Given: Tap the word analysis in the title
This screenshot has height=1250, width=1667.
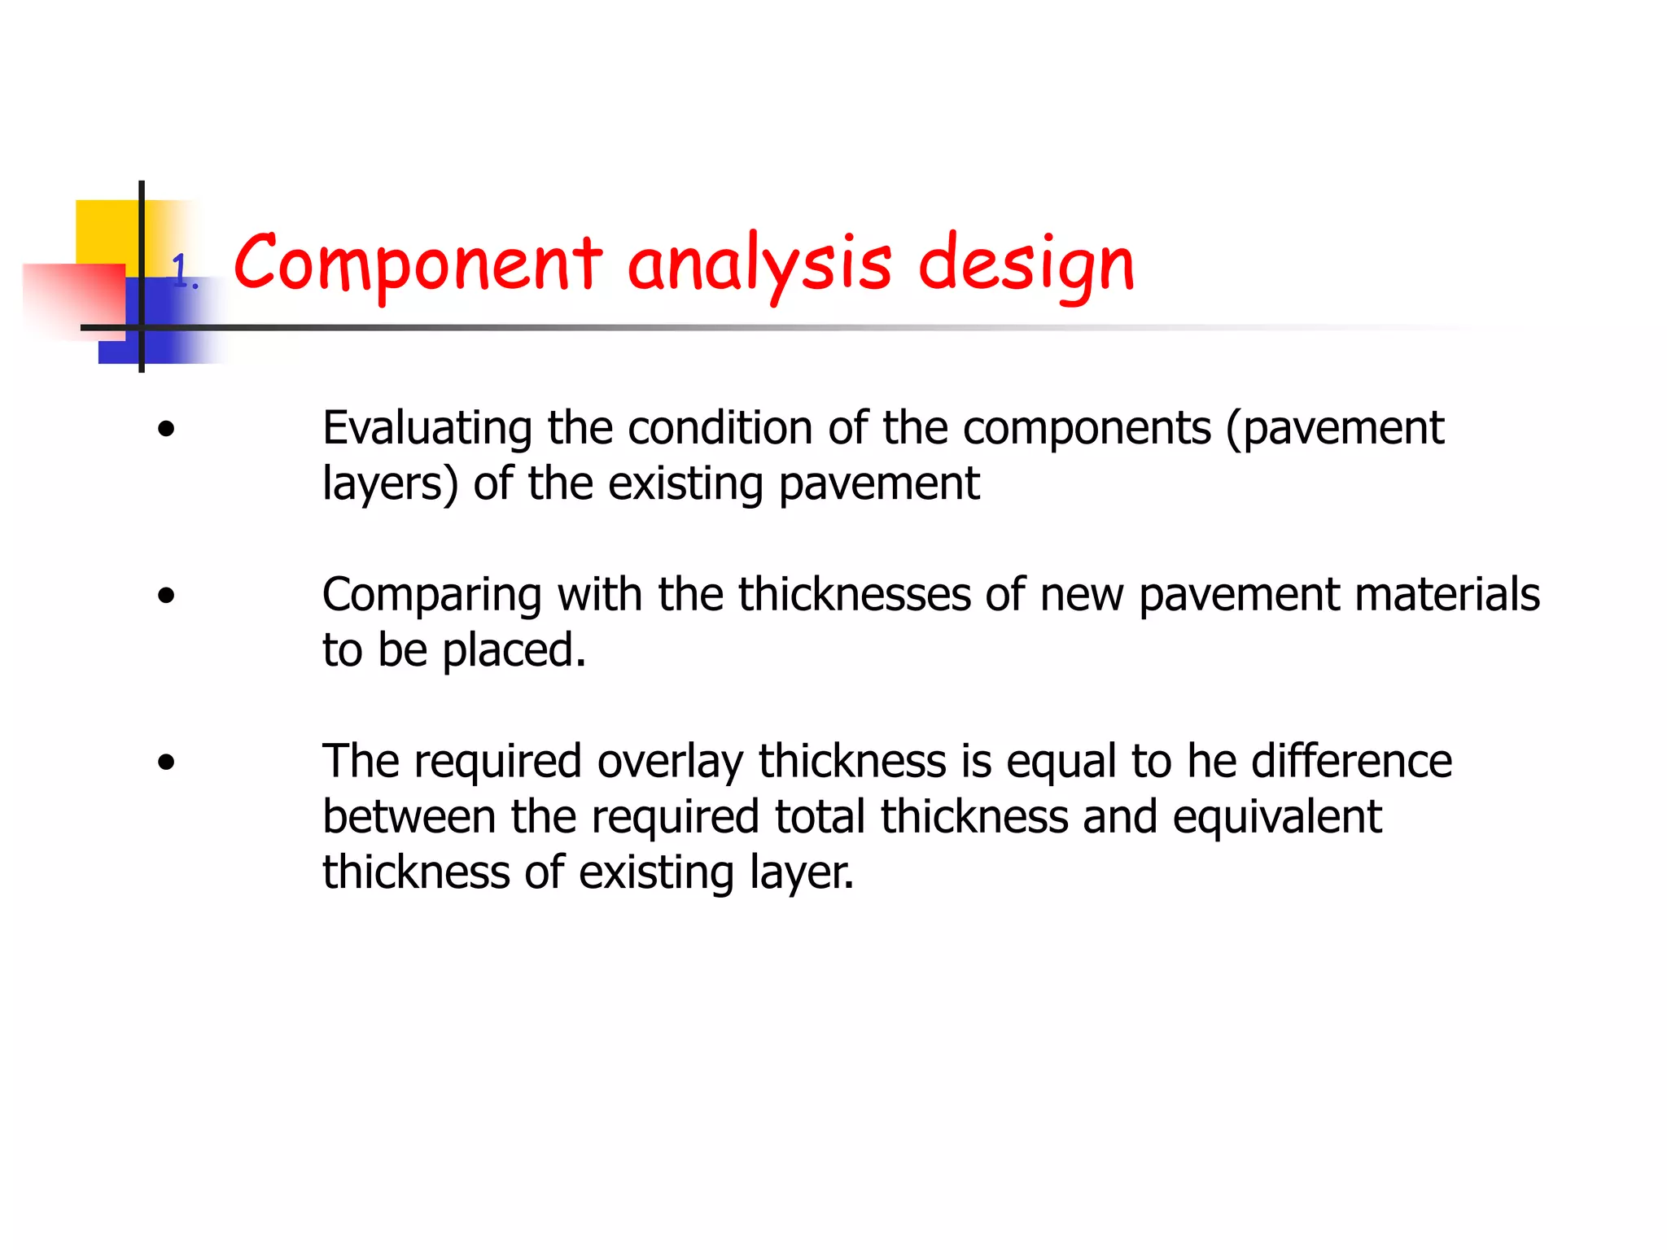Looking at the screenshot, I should (x=759, y=264).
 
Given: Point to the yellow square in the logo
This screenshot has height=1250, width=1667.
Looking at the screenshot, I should (x=106, y=231).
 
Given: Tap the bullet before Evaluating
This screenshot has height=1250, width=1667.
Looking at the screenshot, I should (x=167, y=429).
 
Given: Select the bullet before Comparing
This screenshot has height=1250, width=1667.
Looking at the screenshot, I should (x=167, y=596).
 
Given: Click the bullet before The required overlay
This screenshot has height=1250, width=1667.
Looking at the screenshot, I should (x=167, y=763).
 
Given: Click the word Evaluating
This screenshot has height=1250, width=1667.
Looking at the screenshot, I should (x=428, y=429).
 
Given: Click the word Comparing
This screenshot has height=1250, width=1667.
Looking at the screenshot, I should (x=431, y=596).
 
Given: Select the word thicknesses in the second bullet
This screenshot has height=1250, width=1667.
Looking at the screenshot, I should (x=855, y=594).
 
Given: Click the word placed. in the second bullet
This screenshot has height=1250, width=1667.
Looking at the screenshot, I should (x=514, y=651).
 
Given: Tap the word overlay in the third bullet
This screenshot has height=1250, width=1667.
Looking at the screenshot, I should (x=670, y=763).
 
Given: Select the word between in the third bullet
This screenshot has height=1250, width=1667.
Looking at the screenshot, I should (x=409, y=816).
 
